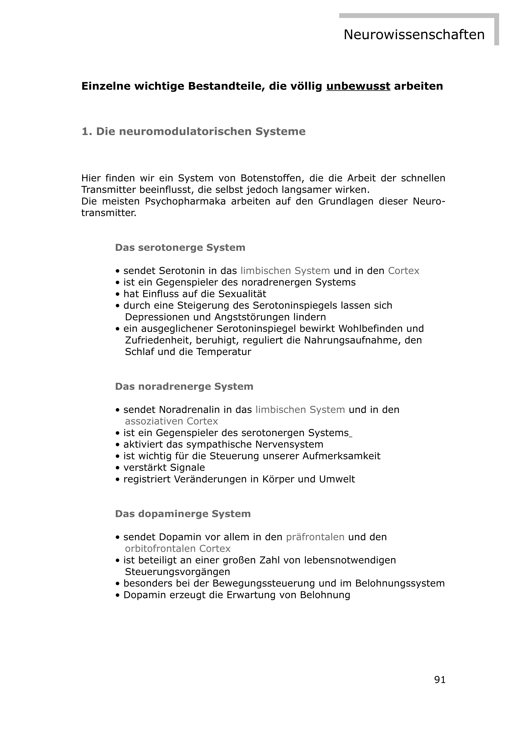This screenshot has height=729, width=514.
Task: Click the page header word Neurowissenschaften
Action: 414,35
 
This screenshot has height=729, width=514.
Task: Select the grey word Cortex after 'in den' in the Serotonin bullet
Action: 403,271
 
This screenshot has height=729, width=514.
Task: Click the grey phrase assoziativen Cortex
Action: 172,421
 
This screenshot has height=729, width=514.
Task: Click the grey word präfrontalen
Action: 315,537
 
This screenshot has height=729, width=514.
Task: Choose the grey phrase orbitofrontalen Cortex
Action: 178,549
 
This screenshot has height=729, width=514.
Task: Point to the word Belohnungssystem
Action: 400,583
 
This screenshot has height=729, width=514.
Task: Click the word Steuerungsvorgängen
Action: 177,572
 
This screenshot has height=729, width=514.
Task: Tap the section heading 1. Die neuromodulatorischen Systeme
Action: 193,131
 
